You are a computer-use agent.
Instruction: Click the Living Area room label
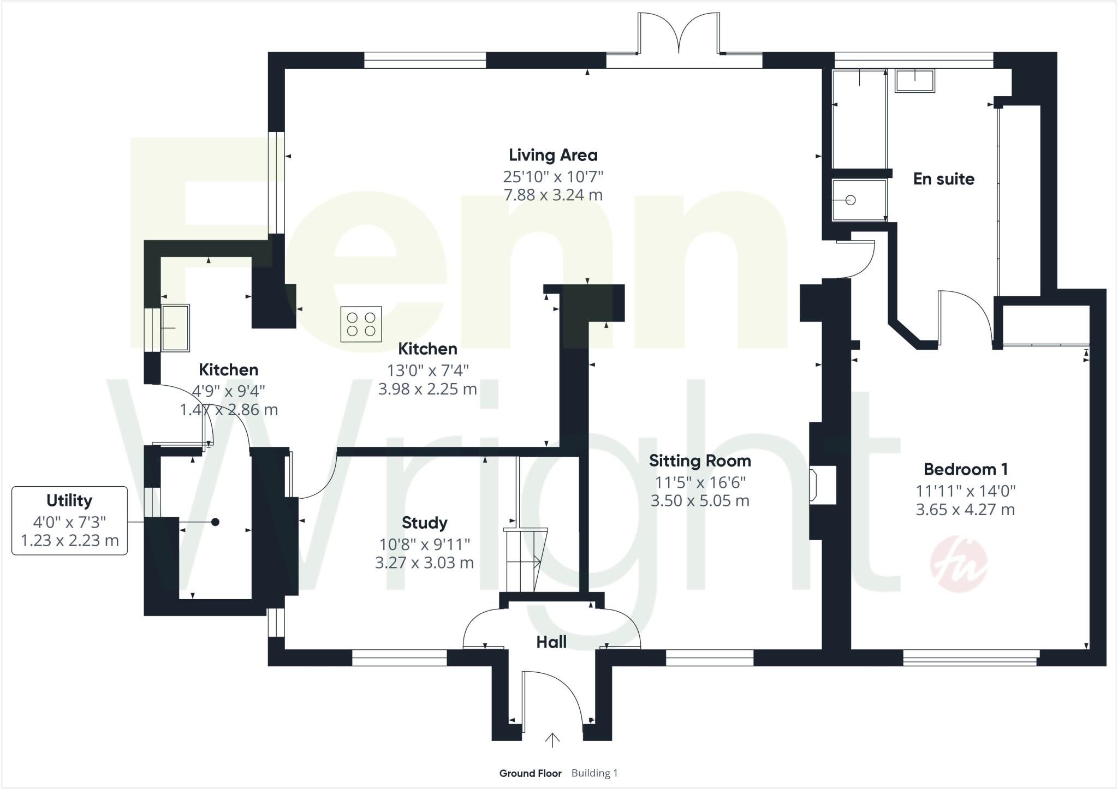[553, 156]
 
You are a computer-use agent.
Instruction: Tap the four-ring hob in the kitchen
[361, 324]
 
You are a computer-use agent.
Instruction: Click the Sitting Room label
[699, 461]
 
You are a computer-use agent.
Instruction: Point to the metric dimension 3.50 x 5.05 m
[699, 501]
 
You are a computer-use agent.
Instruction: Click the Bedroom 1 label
[965, 469]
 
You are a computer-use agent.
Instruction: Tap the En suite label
[943, 179]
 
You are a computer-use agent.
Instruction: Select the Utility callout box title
[69, 500]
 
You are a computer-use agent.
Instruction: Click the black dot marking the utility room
[215, 522]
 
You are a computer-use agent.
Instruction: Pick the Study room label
[424, 523]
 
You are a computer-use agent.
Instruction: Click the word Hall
[551, 642]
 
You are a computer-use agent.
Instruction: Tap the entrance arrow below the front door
[552, 740]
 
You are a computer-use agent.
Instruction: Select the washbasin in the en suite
[914, 80]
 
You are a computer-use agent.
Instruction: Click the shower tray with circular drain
[859, 200]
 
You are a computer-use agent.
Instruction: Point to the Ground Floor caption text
[530, 773]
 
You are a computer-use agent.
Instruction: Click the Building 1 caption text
[594, 773]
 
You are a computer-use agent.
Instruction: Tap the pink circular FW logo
[958, 564]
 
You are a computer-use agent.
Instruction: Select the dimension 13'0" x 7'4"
[427, 371]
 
